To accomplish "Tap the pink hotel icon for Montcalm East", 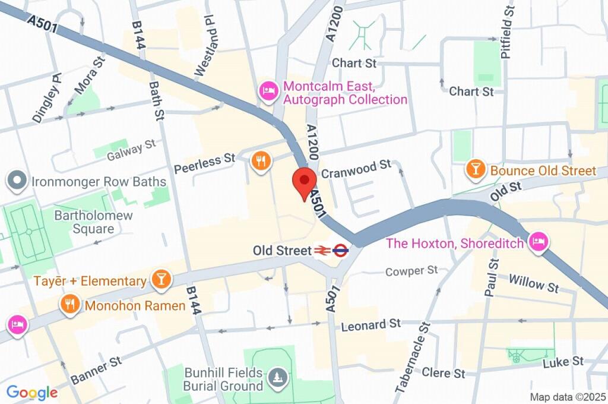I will pyautogui.click(x=268, y=91).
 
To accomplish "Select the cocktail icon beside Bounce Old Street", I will pyautogui.click(x=475, y=169).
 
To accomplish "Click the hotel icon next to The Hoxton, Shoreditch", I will pyautogui.click(x=539, y=242).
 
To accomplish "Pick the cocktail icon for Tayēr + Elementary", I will pyautogui.click(x=160, y=280).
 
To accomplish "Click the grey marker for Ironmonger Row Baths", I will pyautogui.click(x=15, y=179).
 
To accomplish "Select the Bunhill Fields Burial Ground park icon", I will pyautogui.click(x=277, y=376).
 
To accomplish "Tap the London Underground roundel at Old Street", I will pyautogui.click(x=340, y=251).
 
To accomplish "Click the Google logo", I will pyautogui.click(x=31, y=393).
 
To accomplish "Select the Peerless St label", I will pyautogui.click(x=205, y=164).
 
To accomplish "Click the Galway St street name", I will pyautogui.click(x=131, y=150).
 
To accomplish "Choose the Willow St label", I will pyautogui.click(x=534, y=283).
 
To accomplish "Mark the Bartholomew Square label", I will pyautogui.click(x=93, y=222).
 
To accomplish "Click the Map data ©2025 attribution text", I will pyautogui.click(x=568, y=396).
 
